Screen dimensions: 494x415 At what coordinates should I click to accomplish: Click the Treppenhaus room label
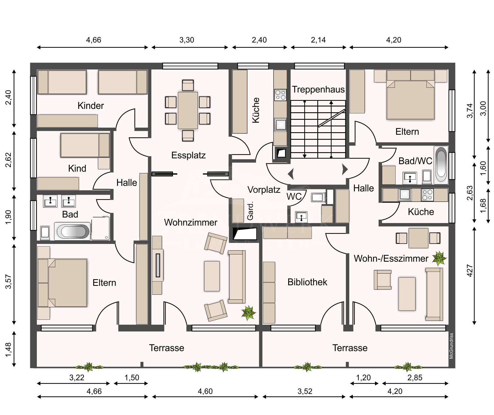(x=318, y=89)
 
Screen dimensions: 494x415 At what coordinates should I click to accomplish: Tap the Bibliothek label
(x=307, y=282)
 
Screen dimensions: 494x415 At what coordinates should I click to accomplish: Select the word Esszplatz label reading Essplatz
(x=188, y=155)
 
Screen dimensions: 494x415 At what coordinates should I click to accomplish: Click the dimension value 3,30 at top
(x=187, y=40)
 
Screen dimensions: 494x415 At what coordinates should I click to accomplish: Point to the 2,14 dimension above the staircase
(x=318, y=40)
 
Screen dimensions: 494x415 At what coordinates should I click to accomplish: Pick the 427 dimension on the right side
(x=470, y=271)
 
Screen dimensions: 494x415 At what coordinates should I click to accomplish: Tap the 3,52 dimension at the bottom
(x=305, y=391)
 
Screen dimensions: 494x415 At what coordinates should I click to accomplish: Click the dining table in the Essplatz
(x=188, y=110)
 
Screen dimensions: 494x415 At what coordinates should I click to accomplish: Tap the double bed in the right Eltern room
(x=411, y=99)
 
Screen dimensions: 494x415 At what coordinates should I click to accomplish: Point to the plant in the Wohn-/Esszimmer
(x=439, y=258)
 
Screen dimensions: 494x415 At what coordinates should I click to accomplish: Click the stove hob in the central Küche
(x=280, y=95)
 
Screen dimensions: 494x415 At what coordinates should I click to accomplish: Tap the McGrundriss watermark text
(x=451, y=346)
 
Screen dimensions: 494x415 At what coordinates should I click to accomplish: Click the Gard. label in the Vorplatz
(x=250, y=212)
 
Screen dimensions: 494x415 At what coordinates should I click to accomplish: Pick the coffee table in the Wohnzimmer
(x=212, y=276)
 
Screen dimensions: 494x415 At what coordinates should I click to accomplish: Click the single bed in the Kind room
(x=85, y=145)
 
